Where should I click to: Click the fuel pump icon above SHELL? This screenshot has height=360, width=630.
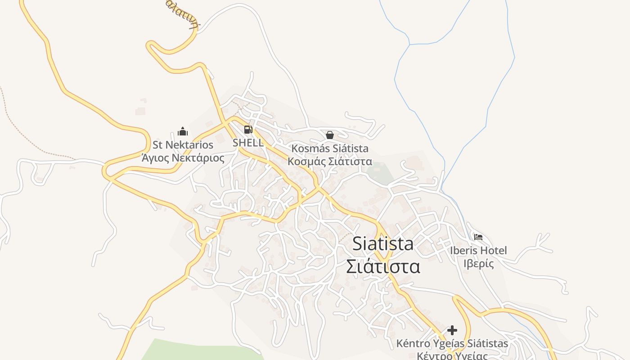tap(248, 130)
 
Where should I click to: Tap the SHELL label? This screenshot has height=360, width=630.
tap(248, 143)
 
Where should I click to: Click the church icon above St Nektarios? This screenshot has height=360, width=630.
tap(183, 131)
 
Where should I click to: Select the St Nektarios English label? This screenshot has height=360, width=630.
tap(183, 145)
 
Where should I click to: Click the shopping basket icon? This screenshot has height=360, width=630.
tap(330, 135)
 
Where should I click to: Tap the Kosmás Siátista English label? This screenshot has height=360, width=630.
tap(330, 148)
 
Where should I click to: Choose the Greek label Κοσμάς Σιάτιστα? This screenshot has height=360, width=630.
tap(330, 161)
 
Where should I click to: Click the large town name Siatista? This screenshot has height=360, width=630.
tap(383, 243)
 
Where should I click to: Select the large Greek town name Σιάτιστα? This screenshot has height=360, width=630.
tap(383, 266)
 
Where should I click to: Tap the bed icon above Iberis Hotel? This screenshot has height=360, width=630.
tap(478, 237)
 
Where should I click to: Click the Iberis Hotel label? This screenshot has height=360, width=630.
tap(478, 250)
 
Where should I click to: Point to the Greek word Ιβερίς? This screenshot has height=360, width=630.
tap(478, 263)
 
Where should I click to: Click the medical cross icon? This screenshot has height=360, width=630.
tap(452, 330)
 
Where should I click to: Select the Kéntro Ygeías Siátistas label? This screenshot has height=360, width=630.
tap(452, 344)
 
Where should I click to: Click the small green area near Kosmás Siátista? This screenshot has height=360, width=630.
tap(380, 173)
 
